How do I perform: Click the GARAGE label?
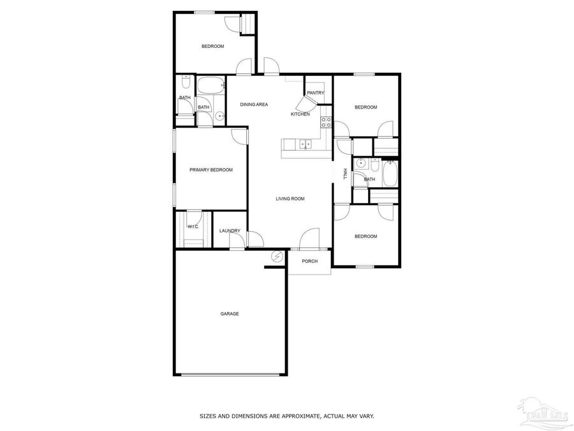[x=230, y=314]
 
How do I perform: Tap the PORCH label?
[x=310, y=261]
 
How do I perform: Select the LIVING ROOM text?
[x=290, y=199]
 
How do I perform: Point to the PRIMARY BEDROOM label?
[x=211, y=170]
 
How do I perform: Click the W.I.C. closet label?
[x=193, y=227]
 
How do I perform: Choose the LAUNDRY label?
[x=230, y=231]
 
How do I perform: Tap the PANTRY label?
[x=316, y=93]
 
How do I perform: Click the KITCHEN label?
[x=300, y=114]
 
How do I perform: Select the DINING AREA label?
[x=254, y=104]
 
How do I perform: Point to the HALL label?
[x=345, y=174]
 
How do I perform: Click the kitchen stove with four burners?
[x=326, y=122]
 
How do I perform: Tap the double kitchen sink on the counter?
[x=305, y=144]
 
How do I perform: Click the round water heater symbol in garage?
[x=277, y=257]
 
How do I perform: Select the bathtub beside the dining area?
[x=210, y=85]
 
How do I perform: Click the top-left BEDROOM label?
[x=213, y=46]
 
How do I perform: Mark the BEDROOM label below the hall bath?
[x=366, y=236]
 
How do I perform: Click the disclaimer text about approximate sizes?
[x=287, y=416]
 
